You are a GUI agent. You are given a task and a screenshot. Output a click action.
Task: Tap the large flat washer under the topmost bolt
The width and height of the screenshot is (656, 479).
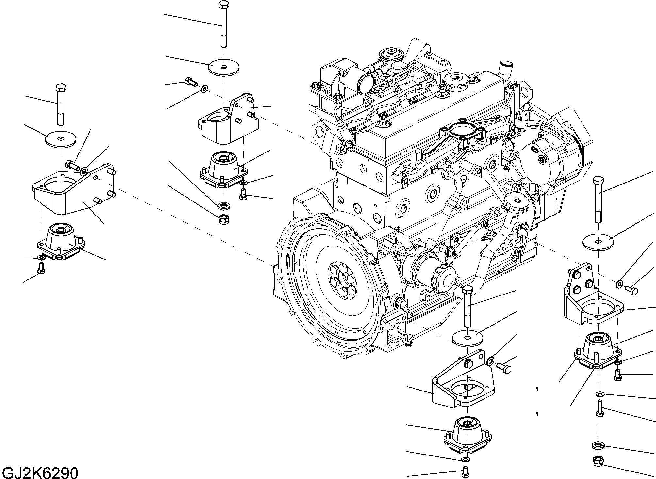(224, 68)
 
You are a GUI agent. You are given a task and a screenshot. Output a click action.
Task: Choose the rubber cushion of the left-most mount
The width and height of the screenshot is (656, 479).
(61, 240)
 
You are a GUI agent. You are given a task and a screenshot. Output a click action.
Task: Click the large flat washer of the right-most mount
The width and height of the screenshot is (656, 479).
(598, 242)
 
